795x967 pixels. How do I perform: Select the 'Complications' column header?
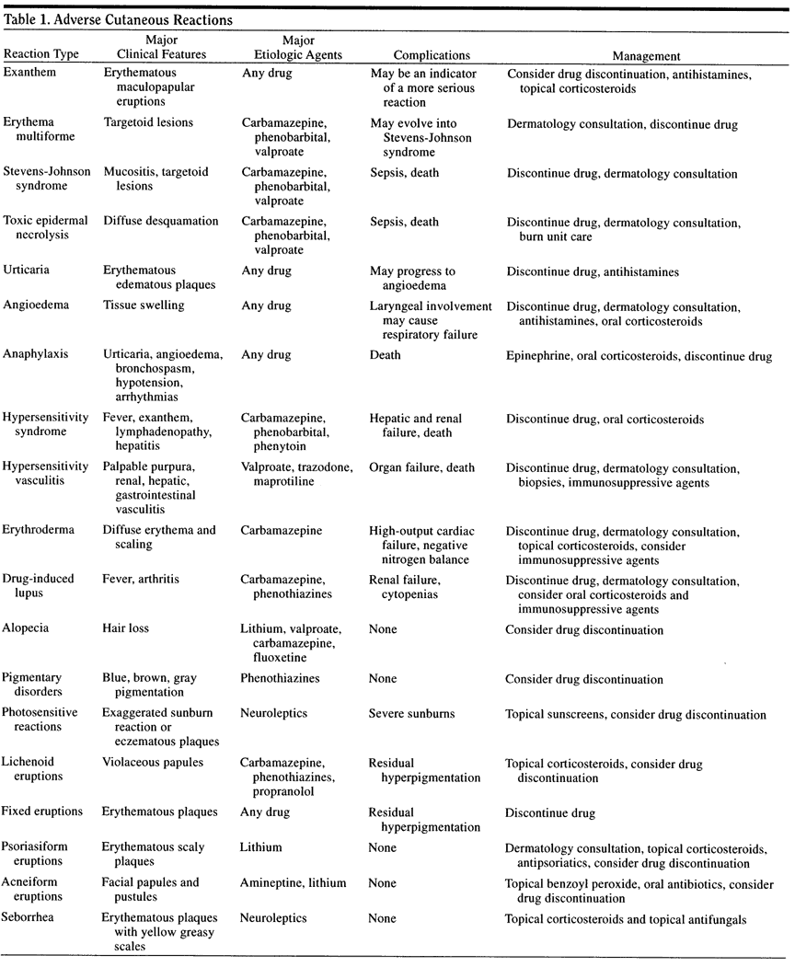click(x=432, y=55)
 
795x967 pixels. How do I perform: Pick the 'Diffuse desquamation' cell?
click(x=160, y=221)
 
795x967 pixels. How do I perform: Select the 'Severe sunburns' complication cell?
click(x=411, y=714)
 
